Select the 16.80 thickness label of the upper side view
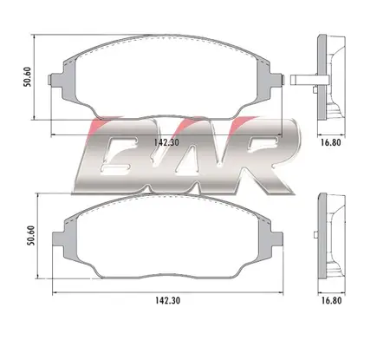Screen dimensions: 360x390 point(328,147)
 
